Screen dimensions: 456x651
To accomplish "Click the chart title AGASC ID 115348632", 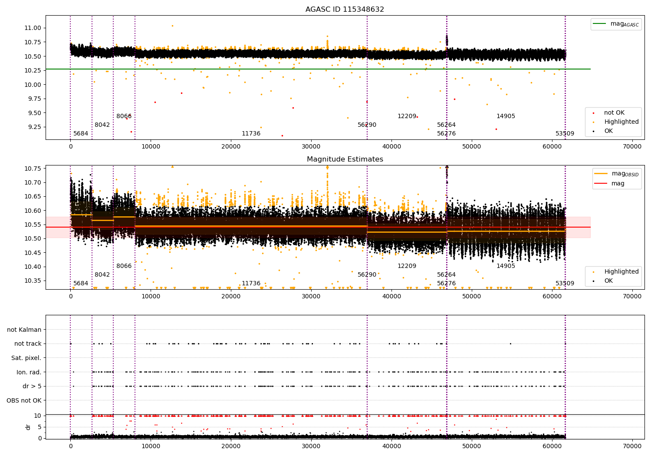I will point(345,10).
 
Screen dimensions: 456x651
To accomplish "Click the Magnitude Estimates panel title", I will point(345,159).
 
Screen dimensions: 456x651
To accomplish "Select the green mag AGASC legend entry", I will point(615,24).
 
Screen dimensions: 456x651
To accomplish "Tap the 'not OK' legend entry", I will point(614,113).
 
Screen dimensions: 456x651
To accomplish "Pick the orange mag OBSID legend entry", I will point(617,174).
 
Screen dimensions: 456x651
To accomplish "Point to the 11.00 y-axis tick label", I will point(33,28).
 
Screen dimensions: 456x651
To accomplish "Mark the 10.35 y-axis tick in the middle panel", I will point(33,281).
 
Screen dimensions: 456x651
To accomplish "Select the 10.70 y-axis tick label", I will point(33,182).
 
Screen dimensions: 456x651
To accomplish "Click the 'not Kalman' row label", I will point(24,330).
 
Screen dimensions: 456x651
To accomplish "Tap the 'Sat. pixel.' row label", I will point(26,358).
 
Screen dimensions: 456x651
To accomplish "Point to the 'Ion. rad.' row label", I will point(29,372).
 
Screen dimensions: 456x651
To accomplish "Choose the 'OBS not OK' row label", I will point(24,400).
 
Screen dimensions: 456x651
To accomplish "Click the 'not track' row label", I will point(28,344).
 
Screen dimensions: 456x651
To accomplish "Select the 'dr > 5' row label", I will point(32,386).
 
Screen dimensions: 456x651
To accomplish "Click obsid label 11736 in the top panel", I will point(251,134).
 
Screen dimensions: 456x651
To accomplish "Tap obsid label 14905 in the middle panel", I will point(506,266).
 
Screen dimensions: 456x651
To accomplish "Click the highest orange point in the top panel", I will point(172,26).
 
